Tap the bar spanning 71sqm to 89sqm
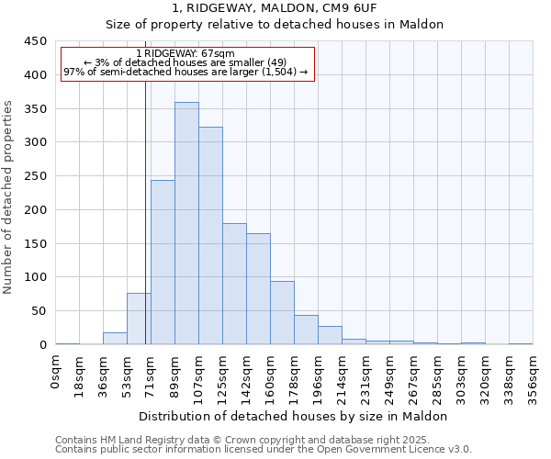click(x=163, y=263)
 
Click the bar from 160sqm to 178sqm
click(x=282, y=313)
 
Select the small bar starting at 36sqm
click(x=115, y=339)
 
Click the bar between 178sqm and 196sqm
click(x=306, y=330)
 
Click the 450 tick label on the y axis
click(x=36, y=41)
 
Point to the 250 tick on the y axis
click(x=36, y=176)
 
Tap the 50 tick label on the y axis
click(x=39, y=311)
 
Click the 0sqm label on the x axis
click(x=56, y=371)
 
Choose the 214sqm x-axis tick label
click(x=342, y=376)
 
